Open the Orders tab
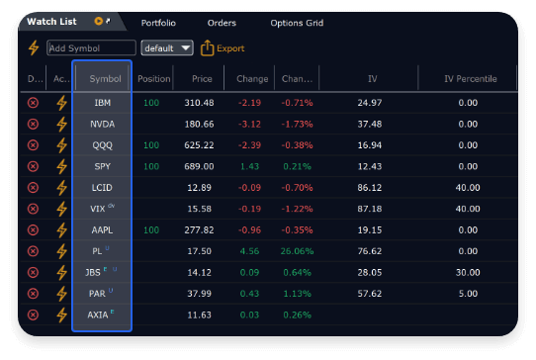pyautogui.click(x=222, y=22)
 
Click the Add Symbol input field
pyautogui.click(x=91, y=47)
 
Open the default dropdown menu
pyautogui.click(x=167, y=47)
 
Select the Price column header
pyautogui.click(x=202, y=78)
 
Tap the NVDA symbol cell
pyautogui.click(x=102, y=124)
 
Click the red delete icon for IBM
pyautogui.click(x=33, y=103)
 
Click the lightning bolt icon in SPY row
pyautogui.click(x=61, y=166)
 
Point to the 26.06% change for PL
pyautogui.click(x=296, y=251)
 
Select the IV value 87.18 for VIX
pyautogui.click(x=369, y=209)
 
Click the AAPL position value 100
pyautogui.click(x=150, y=229)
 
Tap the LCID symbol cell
pyautogui.click(x=102, y=187)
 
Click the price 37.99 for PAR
pyautogui.click(x=200, y=294)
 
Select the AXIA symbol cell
pyautogui.click(x=99, y=315)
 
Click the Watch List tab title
pyautogui.click(x=51, y=21)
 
